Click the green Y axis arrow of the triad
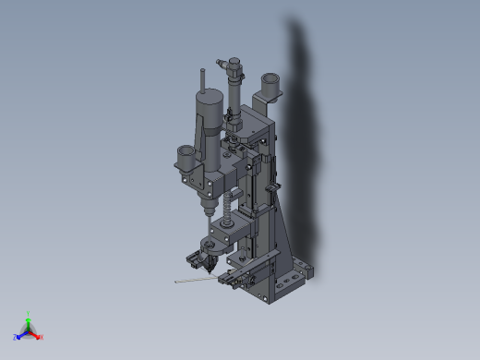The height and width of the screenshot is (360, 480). pyautogui.click(x=29, y=318)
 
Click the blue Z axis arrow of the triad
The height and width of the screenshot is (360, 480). pyautogui.click(x=19, y=336)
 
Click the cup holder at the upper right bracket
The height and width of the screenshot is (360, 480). pyautogui.click(x=270, y=87)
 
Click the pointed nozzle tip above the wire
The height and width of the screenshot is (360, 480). pyautogui.click(x=210, y=269)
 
